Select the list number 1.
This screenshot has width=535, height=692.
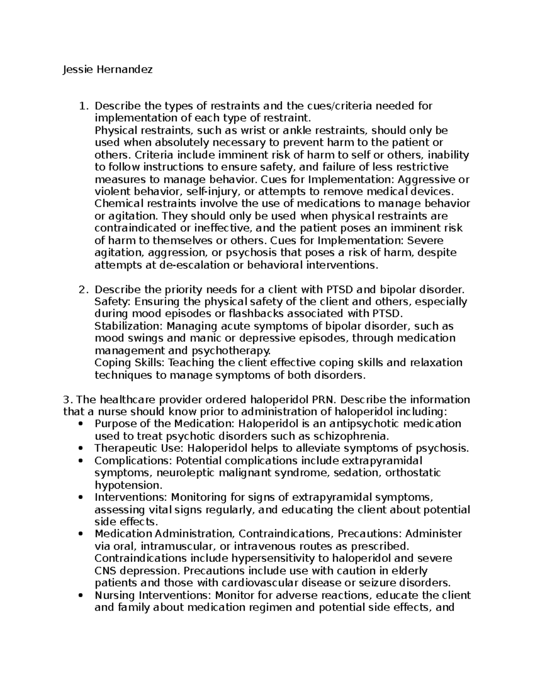click(x=82, y=106)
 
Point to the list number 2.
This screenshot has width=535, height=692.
click(x=82, y=290)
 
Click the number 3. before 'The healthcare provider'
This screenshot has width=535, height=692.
click(x=67, y=399)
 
